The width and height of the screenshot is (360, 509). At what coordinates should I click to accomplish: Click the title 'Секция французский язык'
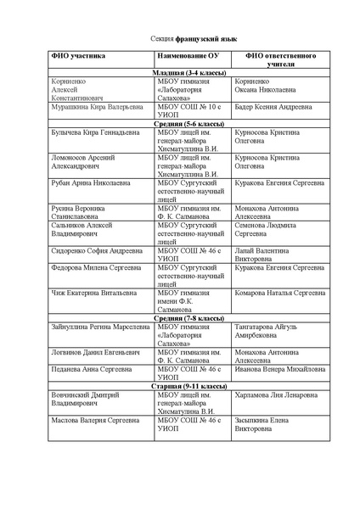coord(180,39)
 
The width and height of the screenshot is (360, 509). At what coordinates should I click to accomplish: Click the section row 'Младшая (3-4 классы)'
coord(188,75)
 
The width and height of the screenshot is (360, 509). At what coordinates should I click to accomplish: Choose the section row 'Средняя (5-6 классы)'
coord(188,124)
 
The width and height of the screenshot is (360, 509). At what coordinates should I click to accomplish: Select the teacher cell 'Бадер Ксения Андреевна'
coord(273,109)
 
